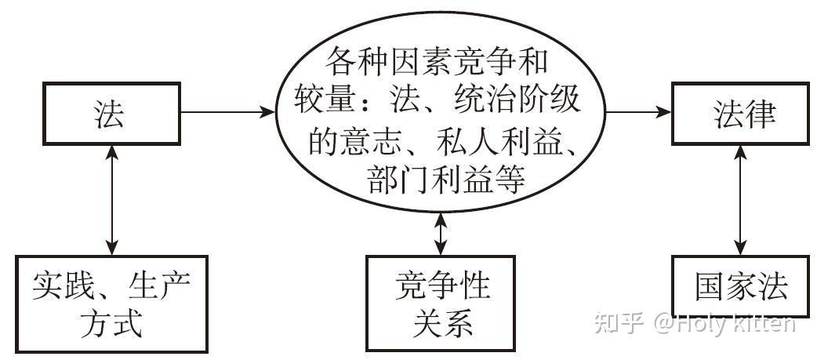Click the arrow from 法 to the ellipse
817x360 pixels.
tap(227, 111)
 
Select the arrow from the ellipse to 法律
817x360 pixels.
tap(638, 111)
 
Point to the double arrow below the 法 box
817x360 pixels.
tap(111, 200)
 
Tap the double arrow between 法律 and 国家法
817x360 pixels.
tap(740, 200)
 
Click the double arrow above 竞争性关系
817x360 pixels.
tap(441, 234)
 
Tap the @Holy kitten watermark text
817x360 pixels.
tap(725, 324)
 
